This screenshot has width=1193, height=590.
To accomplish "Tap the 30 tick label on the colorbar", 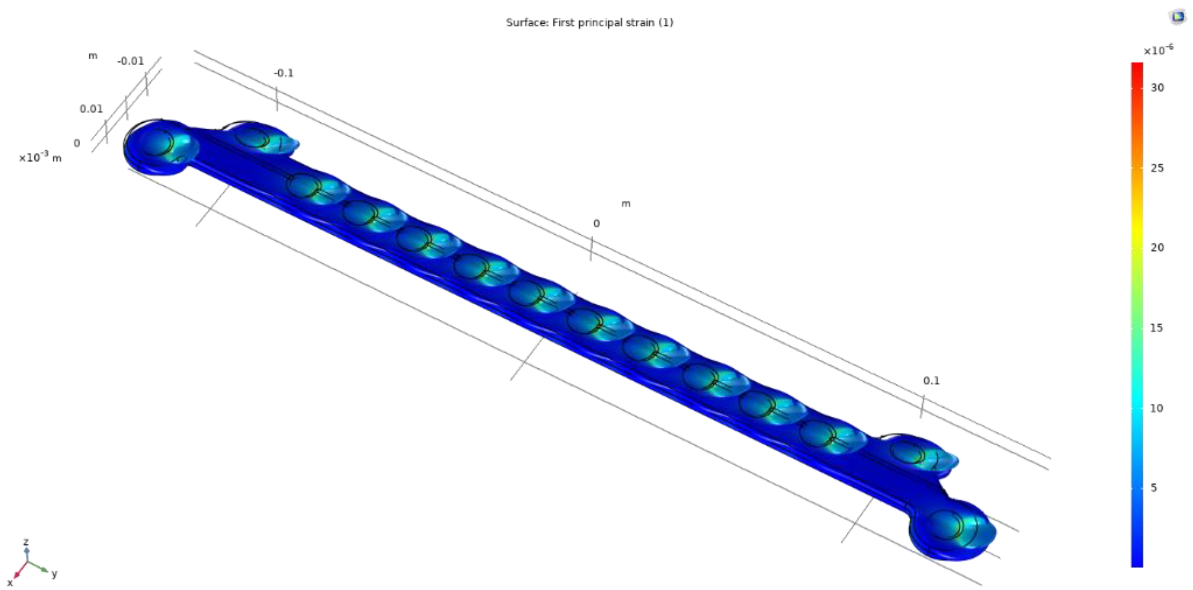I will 1157,88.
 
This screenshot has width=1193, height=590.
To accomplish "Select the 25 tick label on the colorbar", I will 1157,168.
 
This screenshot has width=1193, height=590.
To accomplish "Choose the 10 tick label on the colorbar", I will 1157,408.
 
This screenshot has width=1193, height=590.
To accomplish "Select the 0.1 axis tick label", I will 931,381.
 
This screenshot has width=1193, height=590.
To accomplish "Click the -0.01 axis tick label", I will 130,61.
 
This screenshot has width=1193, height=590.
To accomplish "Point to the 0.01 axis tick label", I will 91,109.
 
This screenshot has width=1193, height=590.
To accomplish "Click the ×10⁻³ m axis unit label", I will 40,158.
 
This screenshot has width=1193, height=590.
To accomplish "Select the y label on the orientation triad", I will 55,574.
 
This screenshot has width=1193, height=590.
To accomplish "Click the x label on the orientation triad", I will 10,583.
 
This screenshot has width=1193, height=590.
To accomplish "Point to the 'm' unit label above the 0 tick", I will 626,204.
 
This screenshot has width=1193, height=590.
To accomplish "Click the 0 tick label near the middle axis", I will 596,224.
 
